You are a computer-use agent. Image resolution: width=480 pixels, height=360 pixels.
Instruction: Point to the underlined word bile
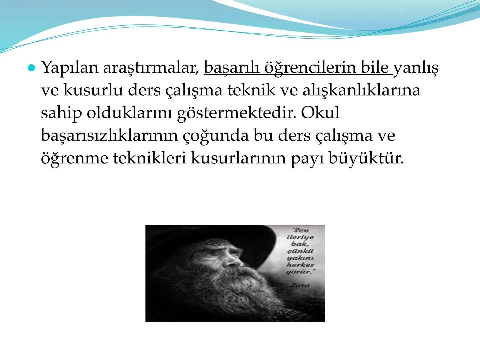coord(375,68)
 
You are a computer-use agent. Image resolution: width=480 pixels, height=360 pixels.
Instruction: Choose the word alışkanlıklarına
coord(361,90)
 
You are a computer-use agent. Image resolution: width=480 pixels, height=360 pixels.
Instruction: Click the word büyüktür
coord(366,158)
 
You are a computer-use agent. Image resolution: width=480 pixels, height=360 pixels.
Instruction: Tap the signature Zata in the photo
coord(300,285)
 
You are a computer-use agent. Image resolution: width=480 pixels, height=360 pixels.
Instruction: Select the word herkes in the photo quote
coord(300,265)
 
